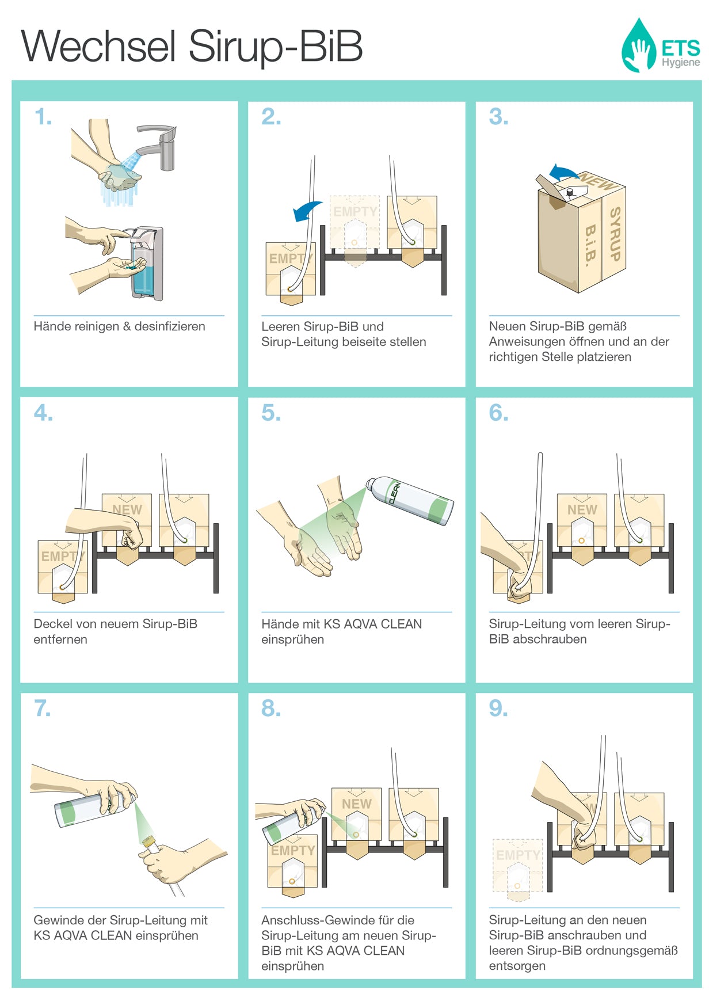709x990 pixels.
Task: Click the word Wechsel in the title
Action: coord(98,46)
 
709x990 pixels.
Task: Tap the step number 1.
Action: coord(43,117)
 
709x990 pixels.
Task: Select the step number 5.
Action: coord(270,413)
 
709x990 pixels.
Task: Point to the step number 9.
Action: coord(498,709)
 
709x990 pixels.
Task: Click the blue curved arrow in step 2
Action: coord(307,211)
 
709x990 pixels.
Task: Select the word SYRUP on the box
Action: coord(615,234)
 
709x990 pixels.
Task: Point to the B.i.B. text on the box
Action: coord(589,246)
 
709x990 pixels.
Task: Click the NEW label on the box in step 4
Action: coord(127,510)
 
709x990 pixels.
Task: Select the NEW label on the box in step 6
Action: coord(582,510)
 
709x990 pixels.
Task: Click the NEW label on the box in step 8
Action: coord(356,804)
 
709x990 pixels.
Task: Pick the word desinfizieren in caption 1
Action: coord(170,326)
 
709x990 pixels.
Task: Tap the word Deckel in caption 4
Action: coord(52,624)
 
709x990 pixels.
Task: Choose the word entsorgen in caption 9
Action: coord(517,966)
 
